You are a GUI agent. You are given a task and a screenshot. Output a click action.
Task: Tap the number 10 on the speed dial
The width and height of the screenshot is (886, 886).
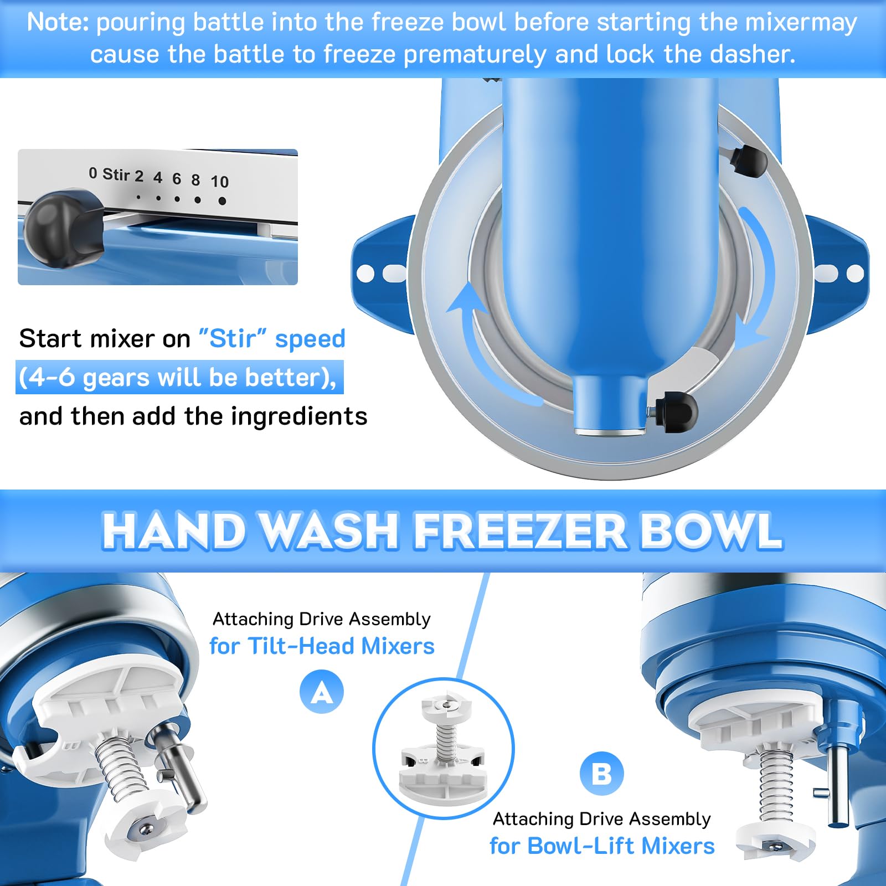pyautogui.click(x=219, y=182)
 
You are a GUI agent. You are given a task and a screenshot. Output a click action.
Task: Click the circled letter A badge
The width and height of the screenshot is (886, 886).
pyautogui.click(x=322, y=692)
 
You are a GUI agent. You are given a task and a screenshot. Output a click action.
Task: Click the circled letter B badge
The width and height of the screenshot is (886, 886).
pyautogui.click(x=601, y=774)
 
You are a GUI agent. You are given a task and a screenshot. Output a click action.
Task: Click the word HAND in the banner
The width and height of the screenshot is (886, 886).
pyautogui.click(x=174, y=530)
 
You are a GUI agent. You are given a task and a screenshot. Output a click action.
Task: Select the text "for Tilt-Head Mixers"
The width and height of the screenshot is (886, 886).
pyautogui.click(x=322, y=646)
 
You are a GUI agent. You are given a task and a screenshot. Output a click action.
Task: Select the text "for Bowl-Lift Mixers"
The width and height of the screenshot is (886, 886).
pyautogui.click(x=602, y=846)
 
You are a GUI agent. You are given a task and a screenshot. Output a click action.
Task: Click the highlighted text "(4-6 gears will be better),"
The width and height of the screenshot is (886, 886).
pyautogui.click(x=178, y=378)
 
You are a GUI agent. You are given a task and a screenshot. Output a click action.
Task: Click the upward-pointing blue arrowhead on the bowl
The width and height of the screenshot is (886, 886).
pyautogui.click(x=464, y=299)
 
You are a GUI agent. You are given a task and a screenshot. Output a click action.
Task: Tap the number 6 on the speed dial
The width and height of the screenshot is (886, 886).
pyautogui.click(x=177, y=178)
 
